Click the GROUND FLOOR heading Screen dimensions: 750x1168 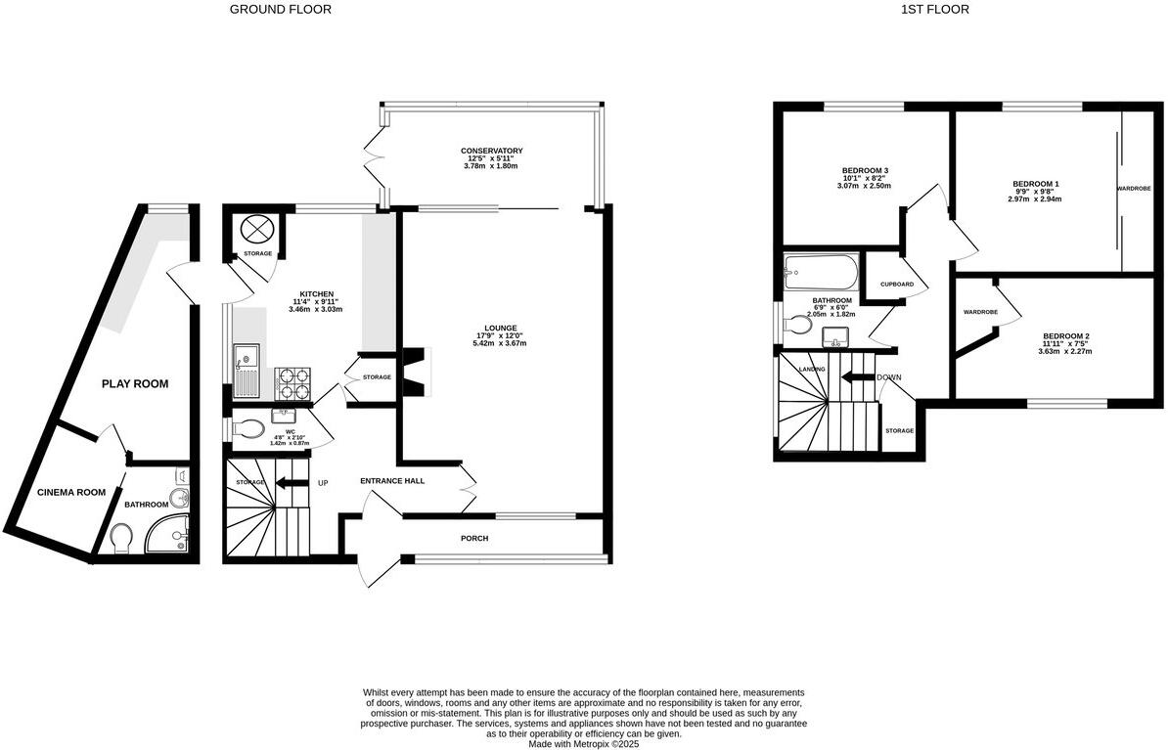[280, 10]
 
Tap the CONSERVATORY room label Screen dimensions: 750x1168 [492, 151]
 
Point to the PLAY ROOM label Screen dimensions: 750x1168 [135, 384]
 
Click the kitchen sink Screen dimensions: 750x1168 [245, 372]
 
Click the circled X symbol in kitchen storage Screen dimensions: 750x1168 [257, 229]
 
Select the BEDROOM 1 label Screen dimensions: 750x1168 [1036, 184]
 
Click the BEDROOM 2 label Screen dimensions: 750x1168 [1064, 336]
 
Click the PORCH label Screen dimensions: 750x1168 [474, 539]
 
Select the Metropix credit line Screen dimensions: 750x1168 [583, 743]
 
